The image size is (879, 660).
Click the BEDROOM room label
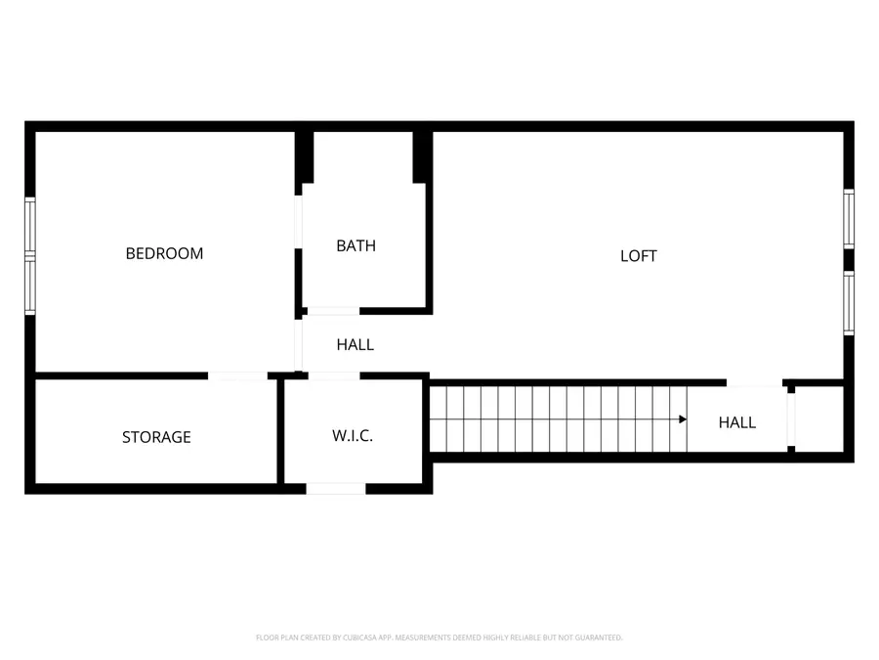[x=164, y=253]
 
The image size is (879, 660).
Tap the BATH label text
[x=356, y=245]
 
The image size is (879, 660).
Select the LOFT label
[x=639, y=256]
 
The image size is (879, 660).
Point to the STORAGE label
[x=156, y=437]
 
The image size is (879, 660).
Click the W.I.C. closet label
[x=353, y=435]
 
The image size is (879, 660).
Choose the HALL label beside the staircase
[x=737, y=422]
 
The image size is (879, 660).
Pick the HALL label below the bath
[x=356, y=344]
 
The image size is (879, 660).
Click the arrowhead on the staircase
[x=683, y=418]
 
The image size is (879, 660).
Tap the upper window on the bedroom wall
[x=30, y=225]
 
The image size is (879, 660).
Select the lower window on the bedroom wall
[x=30, y=286]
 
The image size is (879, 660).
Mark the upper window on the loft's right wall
[x=849, y=219]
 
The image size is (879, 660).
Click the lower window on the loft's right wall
[x=849, y=303]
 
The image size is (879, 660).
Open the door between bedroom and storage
[x=237, y=375]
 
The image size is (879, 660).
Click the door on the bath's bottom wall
[x=332, y=311]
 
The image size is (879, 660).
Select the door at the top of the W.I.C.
[x=334, y=375]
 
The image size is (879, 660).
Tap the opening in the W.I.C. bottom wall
[x=336, y=488]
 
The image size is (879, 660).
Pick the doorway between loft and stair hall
[x=755, y=382]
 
